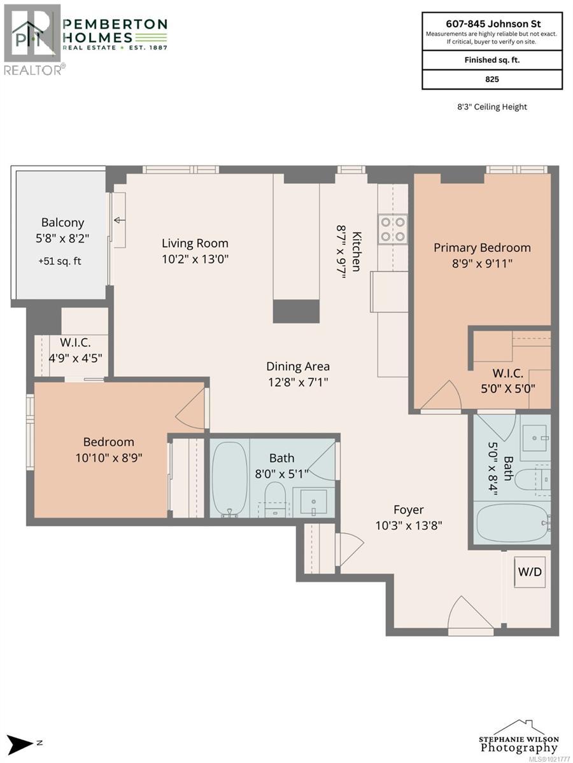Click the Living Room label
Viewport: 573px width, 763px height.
(x=195, y=243)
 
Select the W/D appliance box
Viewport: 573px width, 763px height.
(x=530, y=572)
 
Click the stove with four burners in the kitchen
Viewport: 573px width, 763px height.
(x=393, y=229)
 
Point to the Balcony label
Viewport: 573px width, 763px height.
(x=62, y=223)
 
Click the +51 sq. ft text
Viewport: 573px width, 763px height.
(x=62, y=260)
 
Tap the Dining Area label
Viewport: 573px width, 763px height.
(x=298, y=366)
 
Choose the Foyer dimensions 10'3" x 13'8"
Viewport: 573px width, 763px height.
(x=408, y=525)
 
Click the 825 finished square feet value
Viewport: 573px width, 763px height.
(x=492, y=79)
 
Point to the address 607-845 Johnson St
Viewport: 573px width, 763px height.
(x=492, y=22)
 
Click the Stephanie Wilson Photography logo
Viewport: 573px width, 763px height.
(x=519, y=738)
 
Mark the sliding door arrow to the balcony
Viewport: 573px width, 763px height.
(x=119, y=221)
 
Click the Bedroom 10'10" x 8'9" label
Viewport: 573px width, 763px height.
(x=109, y=448)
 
